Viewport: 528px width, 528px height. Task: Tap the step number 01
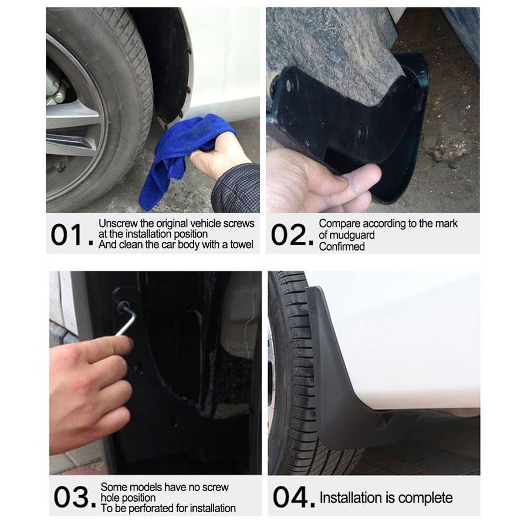click(x=69, y=235)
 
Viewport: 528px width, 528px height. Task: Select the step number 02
click(x=291, y=235)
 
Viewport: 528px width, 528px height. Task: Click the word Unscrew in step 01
click(x=118, y=224)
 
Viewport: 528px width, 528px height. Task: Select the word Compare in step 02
click(x=340, y=224)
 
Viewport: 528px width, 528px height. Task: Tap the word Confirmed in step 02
click(x=341, y=246)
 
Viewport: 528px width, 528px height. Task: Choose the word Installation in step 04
click(x=350, y=498)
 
